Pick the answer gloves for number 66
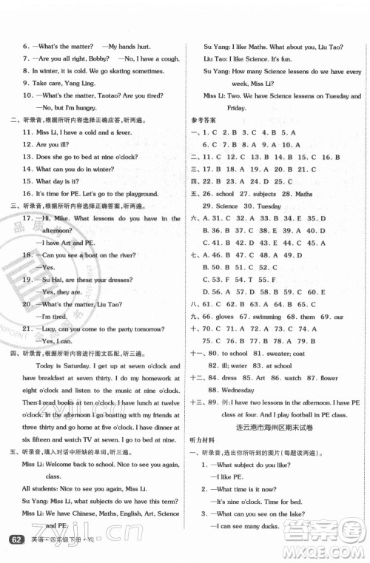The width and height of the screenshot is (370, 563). pos(227,317)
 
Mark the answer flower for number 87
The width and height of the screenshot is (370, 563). pos(329,377)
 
